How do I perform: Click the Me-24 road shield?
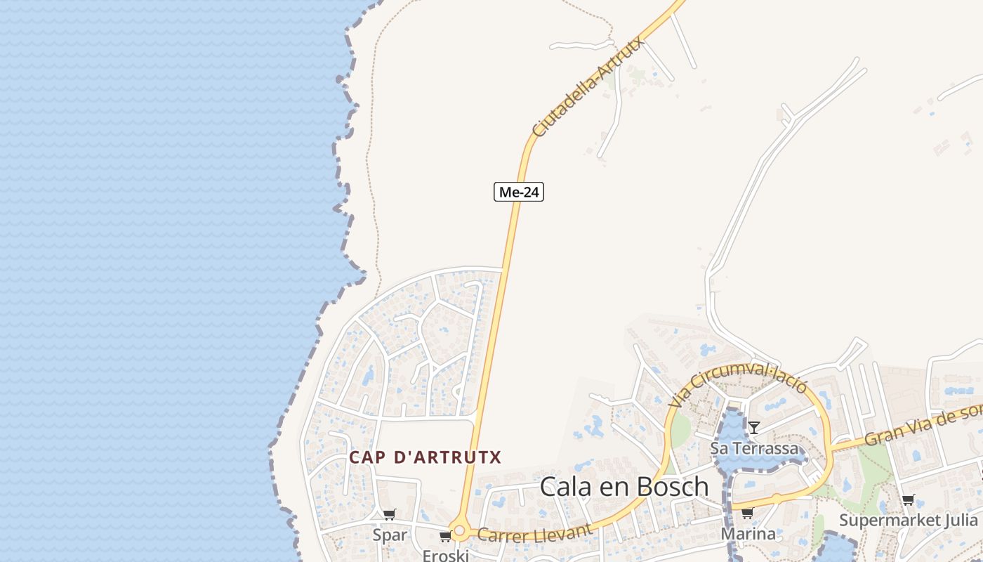[519, 192]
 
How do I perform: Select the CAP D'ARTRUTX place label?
[425, 457]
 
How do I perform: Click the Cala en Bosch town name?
[624, 486]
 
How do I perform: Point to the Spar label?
[390, 535]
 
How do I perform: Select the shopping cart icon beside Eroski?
[445, 537]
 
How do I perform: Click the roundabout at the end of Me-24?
[460, 531]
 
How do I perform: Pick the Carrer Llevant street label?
[534, 532]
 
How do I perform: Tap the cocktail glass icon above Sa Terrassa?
[754, 427]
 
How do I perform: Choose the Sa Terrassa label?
[754, 448]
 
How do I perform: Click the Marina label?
[748, 534]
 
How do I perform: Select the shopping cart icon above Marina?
[747, 514]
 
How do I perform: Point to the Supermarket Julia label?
[909, 521]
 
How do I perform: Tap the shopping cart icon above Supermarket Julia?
[909, 500]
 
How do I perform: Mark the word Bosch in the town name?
[671, 486]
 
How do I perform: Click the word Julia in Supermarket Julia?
[957, 521]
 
